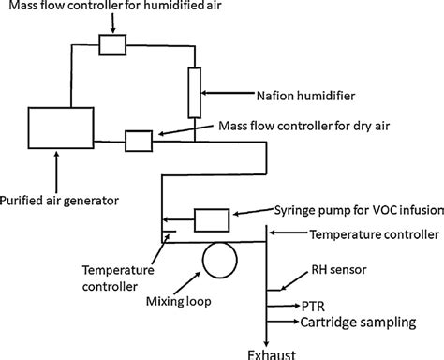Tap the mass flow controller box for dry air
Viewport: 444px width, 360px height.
coord(138,142)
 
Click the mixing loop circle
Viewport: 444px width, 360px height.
coord(221,260)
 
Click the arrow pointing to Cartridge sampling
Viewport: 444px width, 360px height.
coord(284,322)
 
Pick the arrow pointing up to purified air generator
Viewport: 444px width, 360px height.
coord(57,174)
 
